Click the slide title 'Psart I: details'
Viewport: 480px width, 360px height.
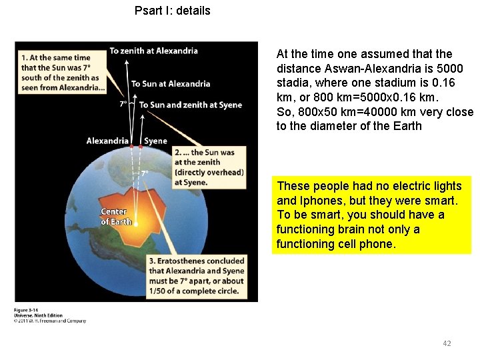click(172, 11)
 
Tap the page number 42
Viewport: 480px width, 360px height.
click(447, 343)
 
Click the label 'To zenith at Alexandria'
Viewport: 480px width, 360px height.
click(153, 51)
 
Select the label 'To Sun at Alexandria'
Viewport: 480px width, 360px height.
click(171, 84)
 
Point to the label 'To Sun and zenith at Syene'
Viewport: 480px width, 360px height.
click(191, 105)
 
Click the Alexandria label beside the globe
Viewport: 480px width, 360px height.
click(107, 141)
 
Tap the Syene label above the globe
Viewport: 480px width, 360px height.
click(156, 141)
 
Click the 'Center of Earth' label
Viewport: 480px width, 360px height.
click(114, 217)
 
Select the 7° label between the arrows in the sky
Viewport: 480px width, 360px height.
click(123, 104)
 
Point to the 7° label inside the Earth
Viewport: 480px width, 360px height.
click(145, 174)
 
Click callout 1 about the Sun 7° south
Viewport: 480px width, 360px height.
click(60, 73)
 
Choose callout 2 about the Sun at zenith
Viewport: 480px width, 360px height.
click(209, 167)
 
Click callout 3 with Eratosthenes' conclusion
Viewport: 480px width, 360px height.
click(197, 275)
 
